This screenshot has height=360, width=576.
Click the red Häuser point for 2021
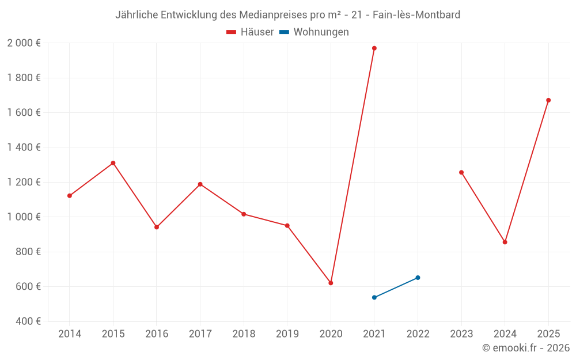pos(374,48)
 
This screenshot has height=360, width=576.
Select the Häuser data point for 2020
pos(331,283)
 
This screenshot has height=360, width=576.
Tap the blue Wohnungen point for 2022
pos(418,278)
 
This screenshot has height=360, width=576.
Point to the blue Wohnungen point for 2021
pos(374,297)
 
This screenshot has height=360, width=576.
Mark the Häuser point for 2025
pos(548,100)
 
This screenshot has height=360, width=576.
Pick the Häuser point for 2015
pos(113,163)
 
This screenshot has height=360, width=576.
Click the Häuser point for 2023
pos(461,172)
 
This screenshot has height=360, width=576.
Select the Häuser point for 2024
pos(505,242)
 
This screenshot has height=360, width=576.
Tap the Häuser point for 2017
pos(200,184)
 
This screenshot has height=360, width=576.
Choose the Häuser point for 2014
pos(70,196)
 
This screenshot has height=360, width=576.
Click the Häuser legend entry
pos(250,32)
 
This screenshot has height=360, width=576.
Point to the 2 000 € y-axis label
pos(24,43)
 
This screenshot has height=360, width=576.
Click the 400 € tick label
pos(27,321)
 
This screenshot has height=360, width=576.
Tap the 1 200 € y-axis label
pos(24,182)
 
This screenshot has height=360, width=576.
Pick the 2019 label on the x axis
pos(287,334)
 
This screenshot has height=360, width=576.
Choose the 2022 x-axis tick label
pos(418,334)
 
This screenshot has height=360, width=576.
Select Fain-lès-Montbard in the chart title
pos(416,15)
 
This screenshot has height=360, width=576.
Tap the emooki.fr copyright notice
pos(526,348)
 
